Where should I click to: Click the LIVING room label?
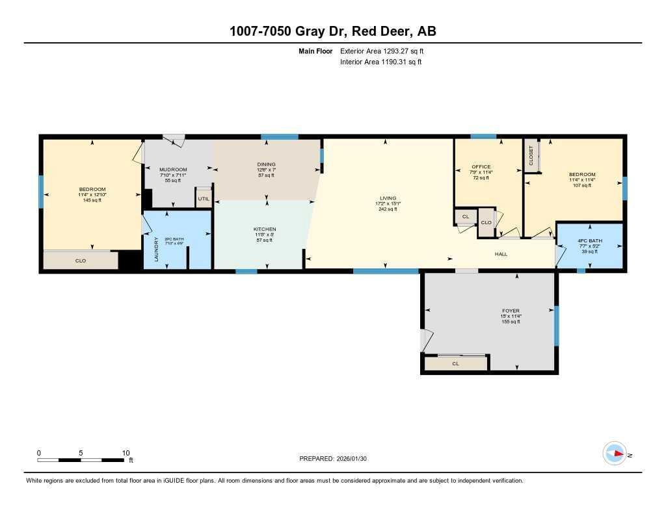coord(388,198)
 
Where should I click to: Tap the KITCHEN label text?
coord(265,229)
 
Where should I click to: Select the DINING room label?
coord(266,164)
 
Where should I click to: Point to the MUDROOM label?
coord(173,170)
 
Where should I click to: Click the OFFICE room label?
coord(481,167)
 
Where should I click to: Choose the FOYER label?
coord(511,311)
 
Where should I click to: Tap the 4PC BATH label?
coord(590,240)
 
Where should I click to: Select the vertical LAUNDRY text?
coord(155,249)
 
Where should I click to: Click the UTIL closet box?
coord(204,198)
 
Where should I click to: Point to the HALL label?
coord(501,254)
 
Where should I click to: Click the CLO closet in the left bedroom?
coord(81,261)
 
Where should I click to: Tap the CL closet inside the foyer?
coord(455,364)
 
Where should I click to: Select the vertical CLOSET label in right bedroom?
coord(531,155)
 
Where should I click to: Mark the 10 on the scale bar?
coord(126,453)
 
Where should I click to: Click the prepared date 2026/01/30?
coord(355,458)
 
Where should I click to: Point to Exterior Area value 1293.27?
coord(402,51)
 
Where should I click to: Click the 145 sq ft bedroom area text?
coord(92,200)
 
